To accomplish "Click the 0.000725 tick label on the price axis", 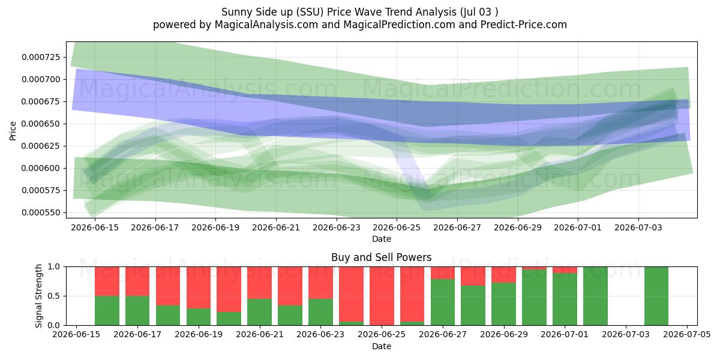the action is (x=41, y=57).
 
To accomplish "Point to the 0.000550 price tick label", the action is (x=41, y=212).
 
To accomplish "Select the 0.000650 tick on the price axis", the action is (x=41, y=124).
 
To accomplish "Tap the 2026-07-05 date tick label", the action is (x=687, y=335).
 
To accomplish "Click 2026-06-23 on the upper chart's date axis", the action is (x=337, y=227).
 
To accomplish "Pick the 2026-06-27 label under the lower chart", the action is (x=443, y=335).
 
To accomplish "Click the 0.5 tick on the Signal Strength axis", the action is (x=53, y=296).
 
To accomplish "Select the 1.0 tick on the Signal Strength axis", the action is (x=53, y=267).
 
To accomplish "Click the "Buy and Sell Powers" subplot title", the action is (x=381, y=257).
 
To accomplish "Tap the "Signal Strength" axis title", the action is (x=38, y=296).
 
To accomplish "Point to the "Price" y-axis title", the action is (x=13, y=131).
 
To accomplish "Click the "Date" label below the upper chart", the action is (x=382, y=239).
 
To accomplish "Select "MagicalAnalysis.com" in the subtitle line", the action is (x=266, y=25).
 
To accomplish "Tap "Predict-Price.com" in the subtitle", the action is (x=524, y=25).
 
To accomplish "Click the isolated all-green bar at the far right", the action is (x=656, y=296).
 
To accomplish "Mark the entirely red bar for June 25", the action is (x=382, y=296).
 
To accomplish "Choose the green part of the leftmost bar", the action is (x=107, y=311).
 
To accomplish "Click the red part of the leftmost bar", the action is (x=107, y=281).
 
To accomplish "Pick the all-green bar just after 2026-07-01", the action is (x=596, y=296).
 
